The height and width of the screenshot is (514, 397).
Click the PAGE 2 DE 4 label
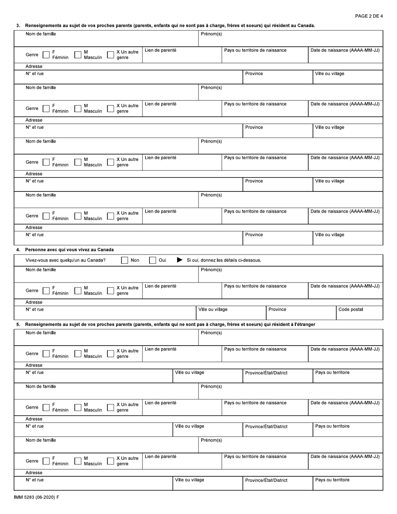(369, 16)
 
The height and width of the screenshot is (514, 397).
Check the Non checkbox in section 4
(125, 260)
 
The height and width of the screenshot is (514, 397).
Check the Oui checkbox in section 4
(153, 260)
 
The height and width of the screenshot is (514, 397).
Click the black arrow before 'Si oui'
(180, 260)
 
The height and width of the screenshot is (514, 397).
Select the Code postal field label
(351, 310)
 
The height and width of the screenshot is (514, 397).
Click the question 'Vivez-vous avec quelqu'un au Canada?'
(66, 260)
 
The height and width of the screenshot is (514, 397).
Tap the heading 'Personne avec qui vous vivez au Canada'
(69, 250)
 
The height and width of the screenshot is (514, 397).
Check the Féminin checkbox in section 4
(46, 290)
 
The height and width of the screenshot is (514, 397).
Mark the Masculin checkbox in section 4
(78, 290)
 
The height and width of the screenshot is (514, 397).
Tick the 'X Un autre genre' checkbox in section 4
(110, 290)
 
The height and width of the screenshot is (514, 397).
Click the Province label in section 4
(277, 310)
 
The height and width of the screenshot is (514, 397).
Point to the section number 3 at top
(18, 25)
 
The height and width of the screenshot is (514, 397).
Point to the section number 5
(18, 324)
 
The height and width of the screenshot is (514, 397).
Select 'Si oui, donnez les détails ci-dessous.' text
(224, 260)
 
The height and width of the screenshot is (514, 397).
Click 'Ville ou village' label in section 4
(213, 310)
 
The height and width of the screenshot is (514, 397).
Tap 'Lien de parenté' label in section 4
(160, 286)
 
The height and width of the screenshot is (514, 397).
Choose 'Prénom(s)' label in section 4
(211, 270)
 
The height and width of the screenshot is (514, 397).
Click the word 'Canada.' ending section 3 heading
(306, 25)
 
